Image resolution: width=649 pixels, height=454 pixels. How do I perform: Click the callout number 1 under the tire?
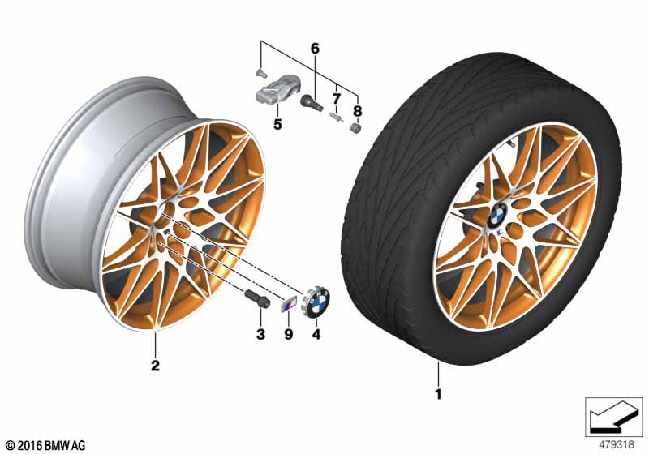tap(438, 394)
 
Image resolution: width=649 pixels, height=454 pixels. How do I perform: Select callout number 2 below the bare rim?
tap(155, 366)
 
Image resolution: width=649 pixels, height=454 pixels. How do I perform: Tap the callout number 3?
tap(260, 334)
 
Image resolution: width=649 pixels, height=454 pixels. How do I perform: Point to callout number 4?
tap(316, 334)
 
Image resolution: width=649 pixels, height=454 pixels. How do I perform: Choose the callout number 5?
tap(277, 123)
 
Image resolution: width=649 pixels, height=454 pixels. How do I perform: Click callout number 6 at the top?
tap(315, 49)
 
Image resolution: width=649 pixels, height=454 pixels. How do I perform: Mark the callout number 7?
tap(336, 99)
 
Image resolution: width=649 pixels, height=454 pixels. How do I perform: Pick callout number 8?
tap(357, 111)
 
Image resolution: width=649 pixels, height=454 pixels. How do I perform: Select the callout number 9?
tap(289, 334)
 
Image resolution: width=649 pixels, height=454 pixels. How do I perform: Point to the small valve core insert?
tap(335, 117)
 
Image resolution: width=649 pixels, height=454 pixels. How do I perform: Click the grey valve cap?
tap(355, 128)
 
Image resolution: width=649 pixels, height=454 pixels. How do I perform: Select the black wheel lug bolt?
tap(256, 298)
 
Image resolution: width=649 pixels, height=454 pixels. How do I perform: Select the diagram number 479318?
tap(617, 445)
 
